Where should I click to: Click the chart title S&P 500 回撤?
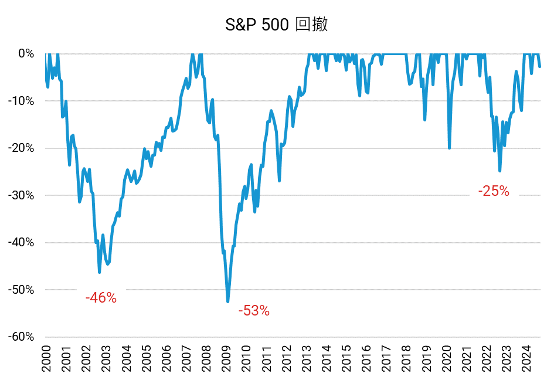277,25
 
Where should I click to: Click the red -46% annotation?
101,298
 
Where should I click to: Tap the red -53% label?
254,311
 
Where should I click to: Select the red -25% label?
494,191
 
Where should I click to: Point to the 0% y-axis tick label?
26,53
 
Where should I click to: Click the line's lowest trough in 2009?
228,301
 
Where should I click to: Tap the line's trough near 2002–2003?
100,272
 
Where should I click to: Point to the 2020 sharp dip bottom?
449,148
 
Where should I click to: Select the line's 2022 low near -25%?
499,171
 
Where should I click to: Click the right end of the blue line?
539,66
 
